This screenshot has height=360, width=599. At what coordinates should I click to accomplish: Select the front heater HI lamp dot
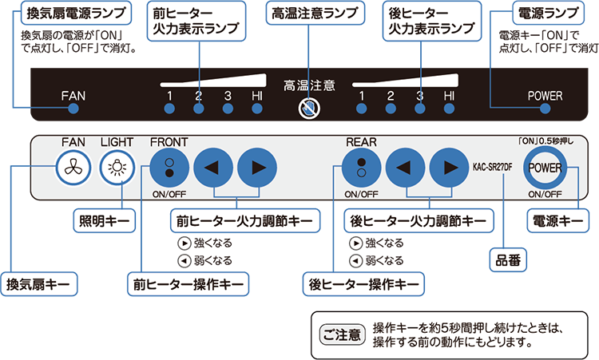256,110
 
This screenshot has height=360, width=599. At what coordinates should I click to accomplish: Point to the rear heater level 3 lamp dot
419,110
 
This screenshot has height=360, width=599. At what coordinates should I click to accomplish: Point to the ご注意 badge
343,334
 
